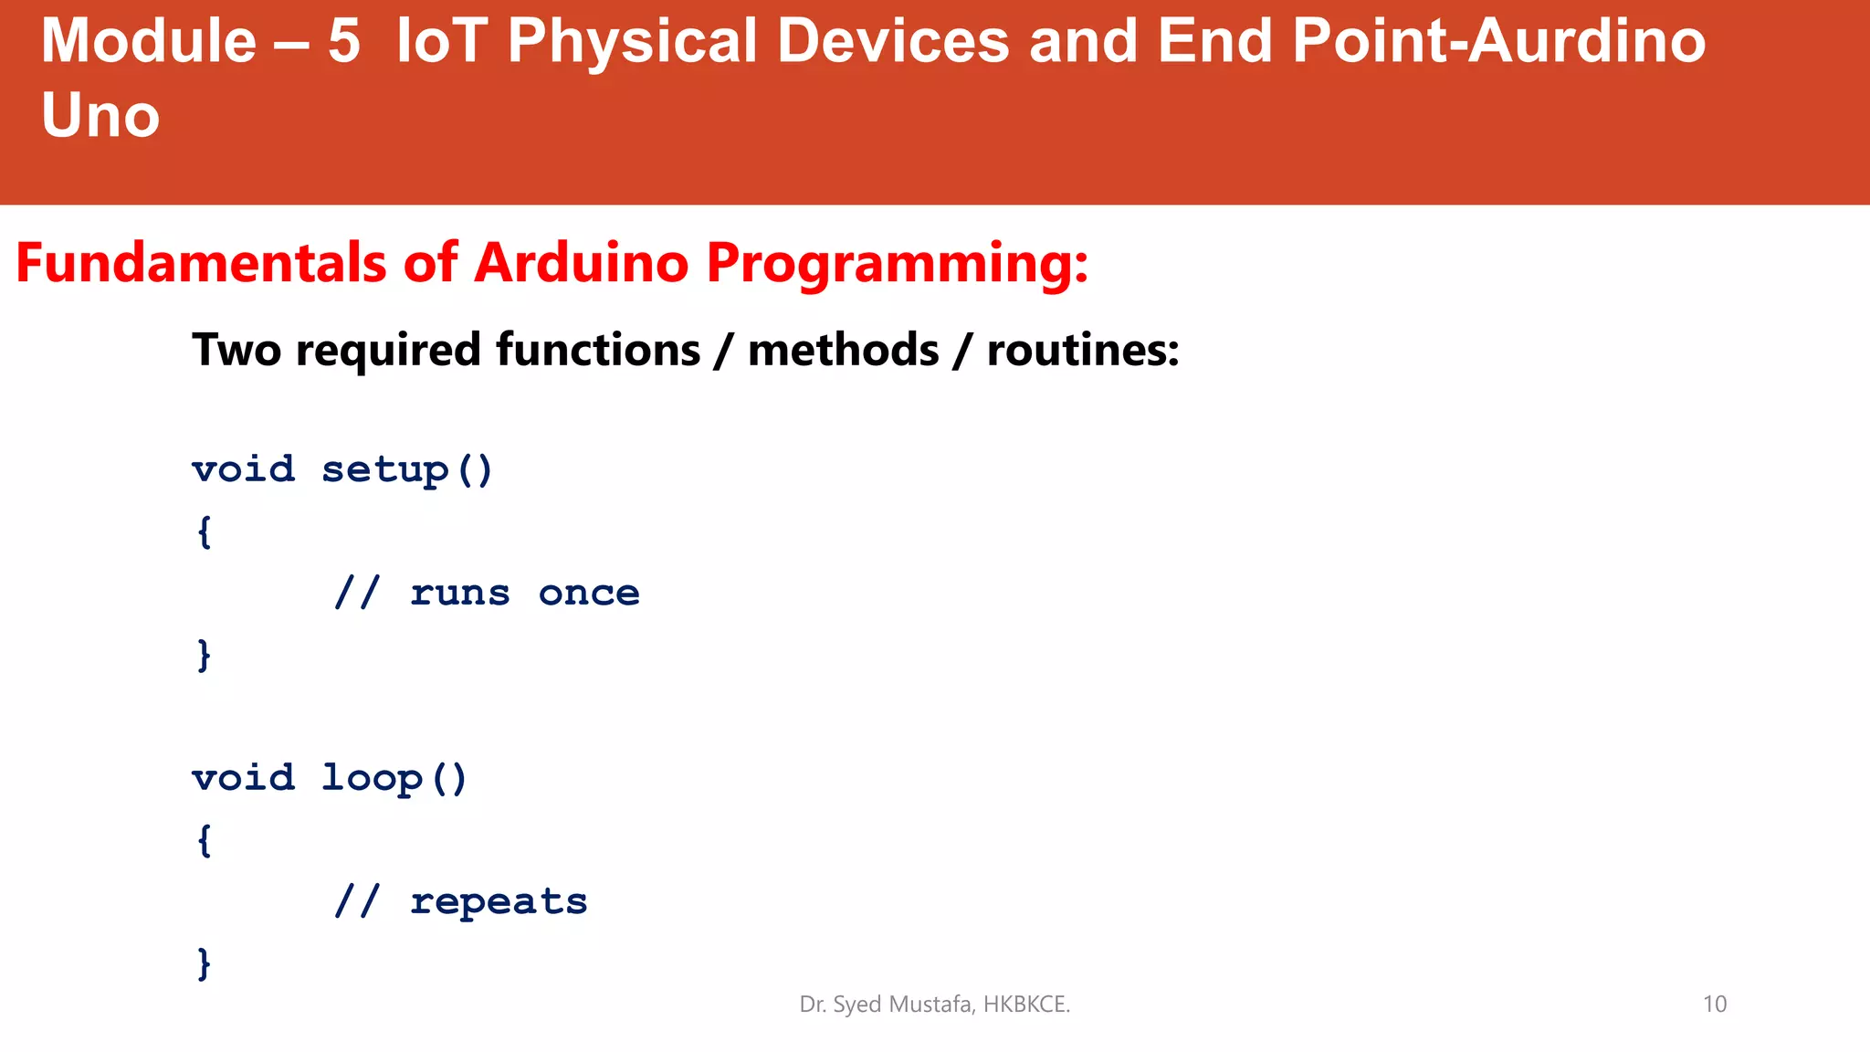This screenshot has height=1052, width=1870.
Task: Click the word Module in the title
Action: tap(149, 42)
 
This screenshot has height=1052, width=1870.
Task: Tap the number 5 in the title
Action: tap(344, 42)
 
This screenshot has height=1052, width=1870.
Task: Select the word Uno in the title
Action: tap(100, 117)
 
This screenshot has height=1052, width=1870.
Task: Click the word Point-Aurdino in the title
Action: tap(1498, 42)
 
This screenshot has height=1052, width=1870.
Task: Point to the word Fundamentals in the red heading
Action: tap(201, 264)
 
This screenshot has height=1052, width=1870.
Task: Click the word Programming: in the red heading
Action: tap(898, 264)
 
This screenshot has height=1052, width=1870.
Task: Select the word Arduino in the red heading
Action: tap(581, 264)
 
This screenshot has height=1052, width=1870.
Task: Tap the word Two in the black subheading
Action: tap(236, 351)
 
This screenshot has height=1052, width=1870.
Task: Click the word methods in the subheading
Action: tap(843, 351)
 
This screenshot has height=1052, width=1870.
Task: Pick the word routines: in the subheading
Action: tap(1083, 351)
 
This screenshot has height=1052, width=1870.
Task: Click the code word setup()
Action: tap(407, 470)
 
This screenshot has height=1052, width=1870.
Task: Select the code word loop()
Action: tap(394, 779)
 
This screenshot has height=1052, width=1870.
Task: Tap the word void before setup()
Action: tap(244, 470)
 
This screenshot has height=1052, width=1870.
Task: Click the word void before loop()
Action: tap(244, 779)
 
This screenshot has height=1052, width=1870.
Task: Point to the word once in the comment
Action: tap(589, 594)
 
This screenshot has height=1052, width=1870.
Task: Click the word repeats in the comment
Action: tap(499, 902)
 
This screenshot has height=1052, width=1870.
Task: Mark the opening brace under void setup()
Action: tap(205, 531)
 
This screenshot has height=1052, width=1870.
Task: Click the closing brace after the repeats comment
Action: tap(205, 963)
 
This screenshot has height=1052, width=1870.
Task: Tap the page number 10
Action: tap(1714, 1005)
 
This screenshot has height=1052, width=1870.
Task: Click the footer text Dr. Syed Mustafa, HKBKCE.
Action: tap(934, 1005)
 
